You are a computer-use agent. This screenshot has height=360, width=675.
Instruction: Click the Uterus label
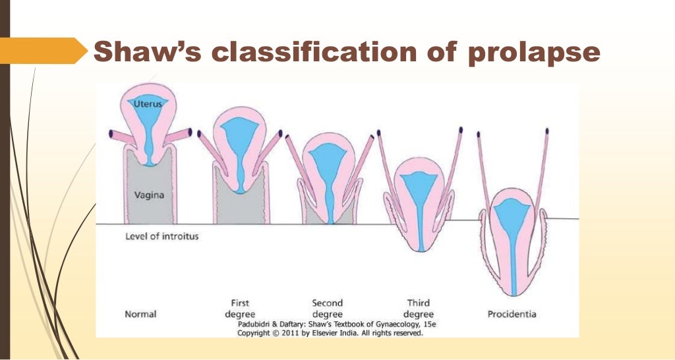coord(148,104)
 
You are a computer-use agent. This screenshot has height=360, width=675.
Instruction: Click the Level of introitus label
coord(161,236)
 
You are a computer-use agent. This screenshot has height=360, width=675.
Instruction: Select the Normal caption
coord(140,314)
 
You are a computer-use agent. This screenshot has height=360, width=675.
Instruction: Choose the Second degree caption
coord(327,309)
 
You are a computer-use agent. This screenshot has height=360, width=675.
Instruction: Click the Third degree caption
coord(419,309)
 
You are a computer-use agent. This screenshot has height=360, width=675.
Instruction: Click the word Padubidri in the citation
coord(257,325)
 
